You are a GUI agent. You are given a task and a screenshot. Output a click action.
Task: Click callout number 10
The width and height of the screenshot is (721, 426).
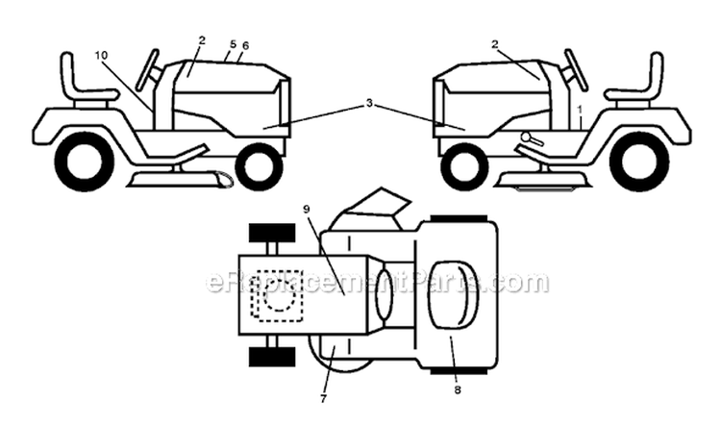coord(101,56)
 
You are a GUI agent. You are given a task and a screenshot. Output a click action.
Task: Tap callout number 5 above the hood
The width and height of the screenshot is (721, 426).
coord(233,44)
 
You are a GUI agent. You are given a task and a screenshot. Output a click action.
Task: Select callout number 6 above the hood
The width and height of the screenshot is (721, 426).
coord(245,45)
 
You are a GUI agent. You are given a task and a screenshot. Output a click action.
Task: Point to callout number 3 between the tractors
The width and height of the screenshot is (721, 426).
coord(369,104)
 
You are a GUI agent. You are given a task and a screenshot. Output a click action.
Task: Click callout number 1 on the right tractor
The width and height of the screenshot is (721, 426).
coord(580,110)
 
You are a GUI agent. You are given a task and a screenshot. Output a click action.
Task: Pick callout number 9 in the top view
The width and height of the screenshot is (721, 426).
coord(307,210)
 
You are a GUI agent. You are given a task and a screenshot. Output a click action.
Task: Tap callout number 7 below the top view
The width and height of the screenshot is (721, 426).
coord(323,399)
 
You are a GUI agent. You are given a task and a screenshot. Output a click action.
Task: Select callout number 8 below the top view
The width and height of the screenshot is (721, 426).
coord(457,389)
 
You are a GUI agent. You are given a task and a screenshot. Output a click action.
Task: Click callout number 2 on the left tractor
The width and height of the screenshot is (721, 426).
coord(202,40)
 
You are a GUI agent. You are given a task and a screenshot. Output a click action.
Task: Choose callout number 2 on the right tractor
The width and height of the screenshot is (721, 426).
coord(495,44)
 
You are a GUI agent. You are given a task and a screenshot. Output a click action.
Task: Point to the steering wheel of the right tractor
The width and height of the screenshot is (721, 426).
coord(576,69)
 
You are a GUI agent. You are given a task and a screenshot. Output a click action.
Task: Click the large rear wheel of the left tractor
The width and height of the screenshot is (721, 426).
coord(85,161)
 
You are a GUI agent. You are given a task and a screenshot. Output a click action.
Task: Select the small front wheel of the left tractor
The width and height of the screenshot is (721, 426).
coord(259,165)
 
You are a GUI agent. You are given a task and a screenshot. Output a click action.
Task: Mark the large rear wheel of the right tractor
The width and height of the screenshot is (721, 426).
coord(639,161)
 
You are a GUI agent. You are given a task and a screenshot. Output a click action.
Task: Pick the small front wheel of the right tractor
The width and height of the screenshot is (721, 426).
coord(464,165)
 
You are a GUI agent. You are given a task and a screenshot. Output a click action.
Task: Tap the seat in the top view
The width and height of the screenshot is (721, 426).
coord(454,295)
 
